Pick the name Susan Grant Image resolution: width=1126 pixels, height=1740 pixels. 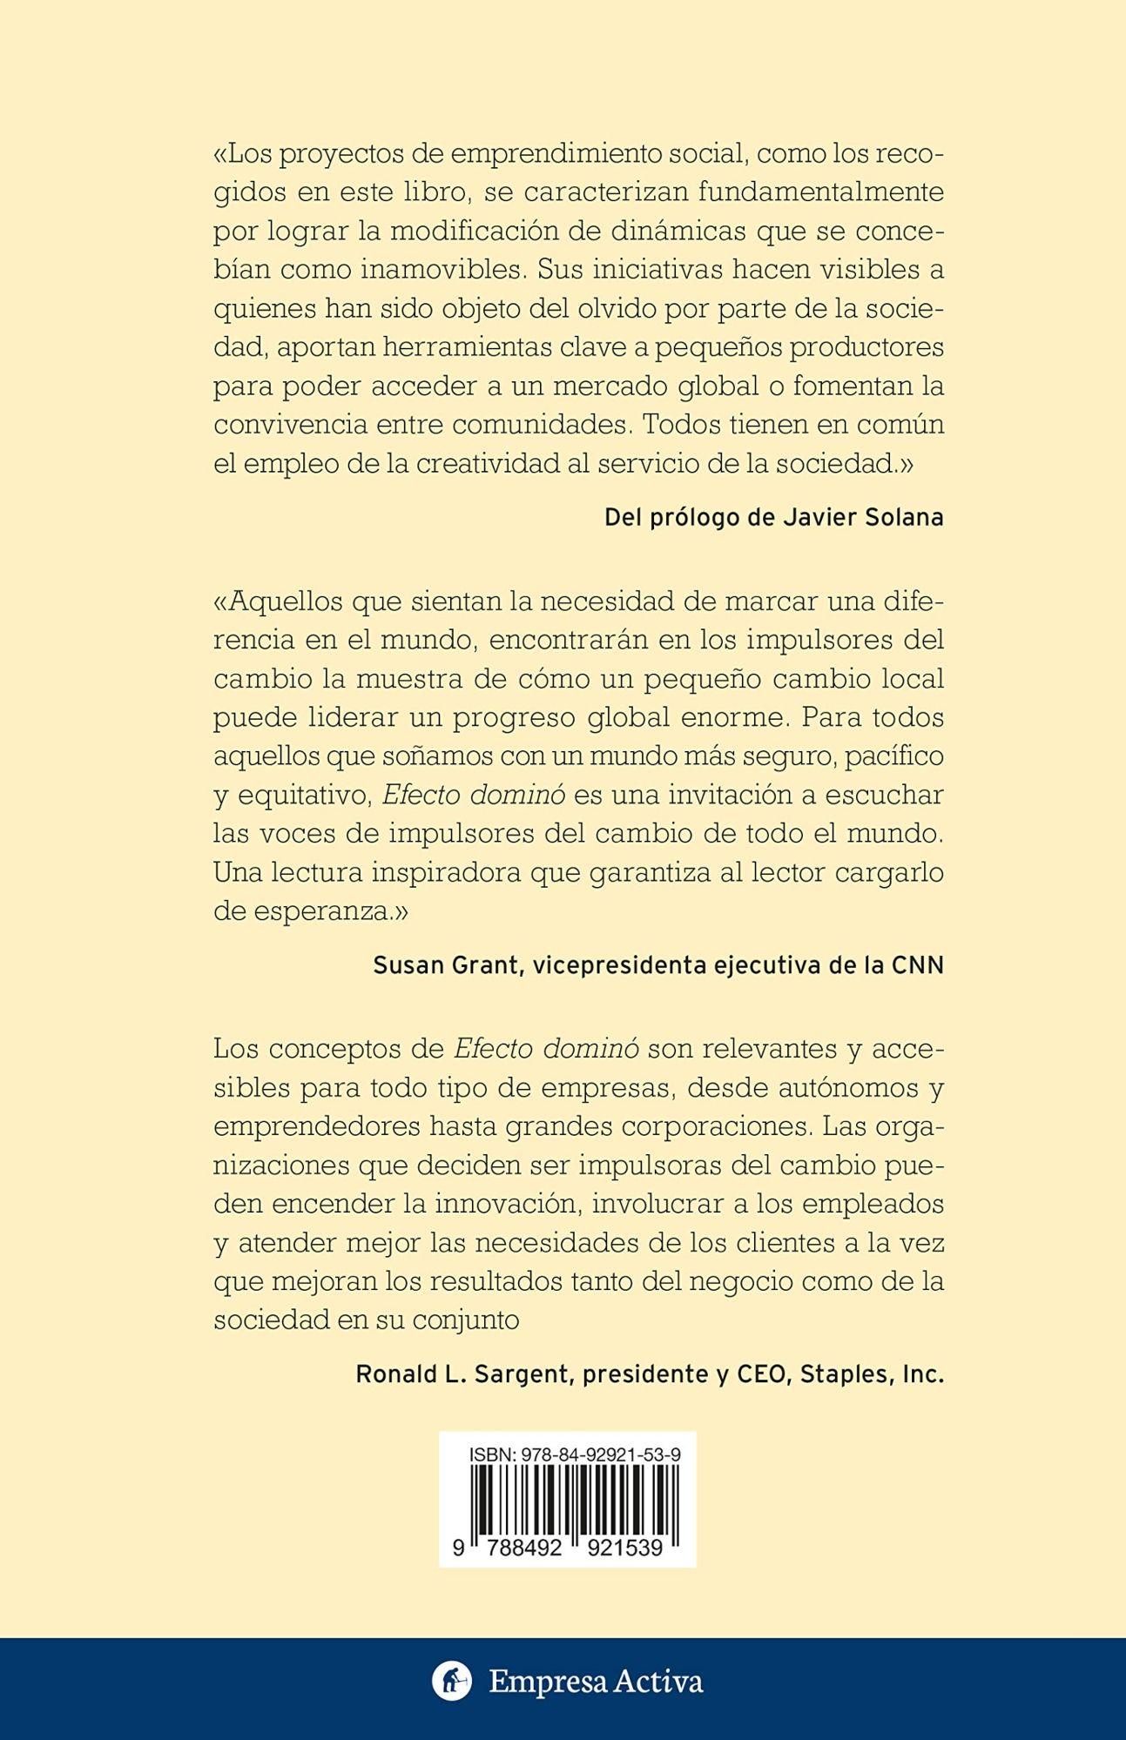[x=444, y=965]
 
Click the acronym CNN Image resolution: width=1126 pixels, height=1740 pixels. [x=917, y=965]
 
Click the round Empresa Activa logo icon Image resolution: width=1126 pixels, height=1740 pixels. [x=452, y=1681]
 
